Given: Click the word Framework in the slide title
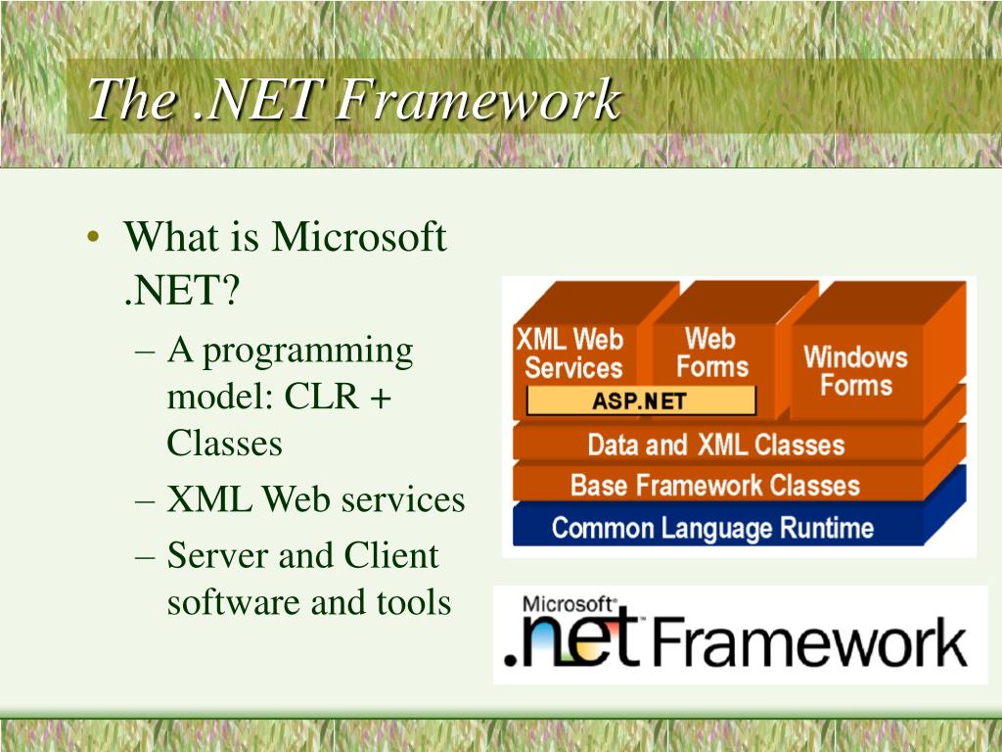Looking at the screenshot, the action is pyautogui.click(x=478, y=99).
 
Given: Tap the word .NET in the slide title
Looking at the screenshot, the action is pyautogui.click(x=256, y=99).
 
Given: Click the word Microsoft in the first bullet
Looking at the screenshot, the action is pyautogui.click(x=359, y=236).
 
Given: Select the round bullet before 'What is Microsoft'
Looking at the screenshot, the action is pyautogui.click(x=93, y=237).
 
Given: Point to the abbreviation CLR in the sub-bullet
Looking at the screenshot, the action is pyautogui.click(x=321, y=396).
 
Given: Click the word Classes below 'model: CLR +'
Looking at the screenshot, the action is pyautogui.click(x=224, y=443).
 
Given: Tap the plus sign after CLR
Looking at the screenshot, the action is pyautogui.click(x=381, y=398).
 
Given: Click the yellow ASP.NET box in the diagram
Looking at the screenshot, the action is pyautogui.click(x=641, y=400).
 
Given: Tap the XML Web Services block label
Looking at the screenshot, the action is pyautogui.click(x=570, y=353).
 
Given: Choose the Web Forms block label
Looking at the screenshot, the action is pyautogui.click(x=711, y=352).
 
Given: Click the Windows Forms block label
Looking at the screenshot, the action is pyautogui.click(x=855, y=371).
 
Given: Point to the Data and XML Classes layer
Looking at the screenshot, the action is pyautogui.click(x=716, y=445).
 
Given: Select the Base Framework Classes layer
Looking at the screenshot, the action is pyautogui.click(x=715, y=486).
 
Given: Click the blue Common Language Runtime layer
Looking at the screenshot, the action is pyautogui.click(x=712, y=528).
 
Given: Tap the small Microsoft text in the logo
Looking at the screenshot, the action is pyautogui.click(x=568, y=604).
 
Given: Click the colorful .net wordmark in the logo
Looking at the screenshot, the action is pyautogui.click(x=571, y=640).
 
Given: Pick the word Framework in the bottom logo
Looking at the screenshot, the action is pyautogui.click(x=809, y=641).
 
